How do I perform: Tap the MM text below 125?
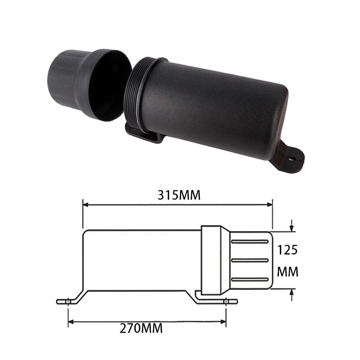(x=288, y=272)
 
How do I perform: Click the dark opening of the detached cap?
(x=108, y=85)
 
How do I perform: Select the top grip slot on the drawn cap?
(x=249, y=241)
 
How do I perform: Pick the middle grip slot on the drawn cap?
(x=249, y=260)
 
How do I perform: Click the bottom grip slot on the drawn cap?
(x=249, y=279)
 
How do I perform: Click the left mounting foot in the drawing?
(x=68, y=301)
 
